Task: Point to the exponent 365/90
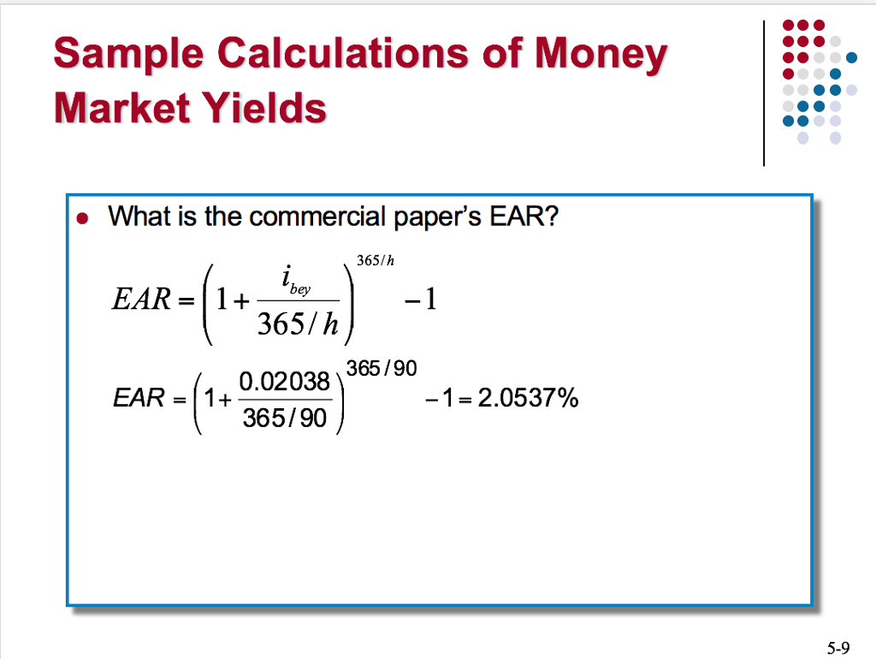click(x=381, y=369)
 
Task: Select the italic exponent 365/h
click(x=375, y=261)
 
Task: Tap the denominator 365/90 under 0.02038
click(x=284, y=419)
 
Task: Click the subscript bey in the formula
click(x=300, y=290)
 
